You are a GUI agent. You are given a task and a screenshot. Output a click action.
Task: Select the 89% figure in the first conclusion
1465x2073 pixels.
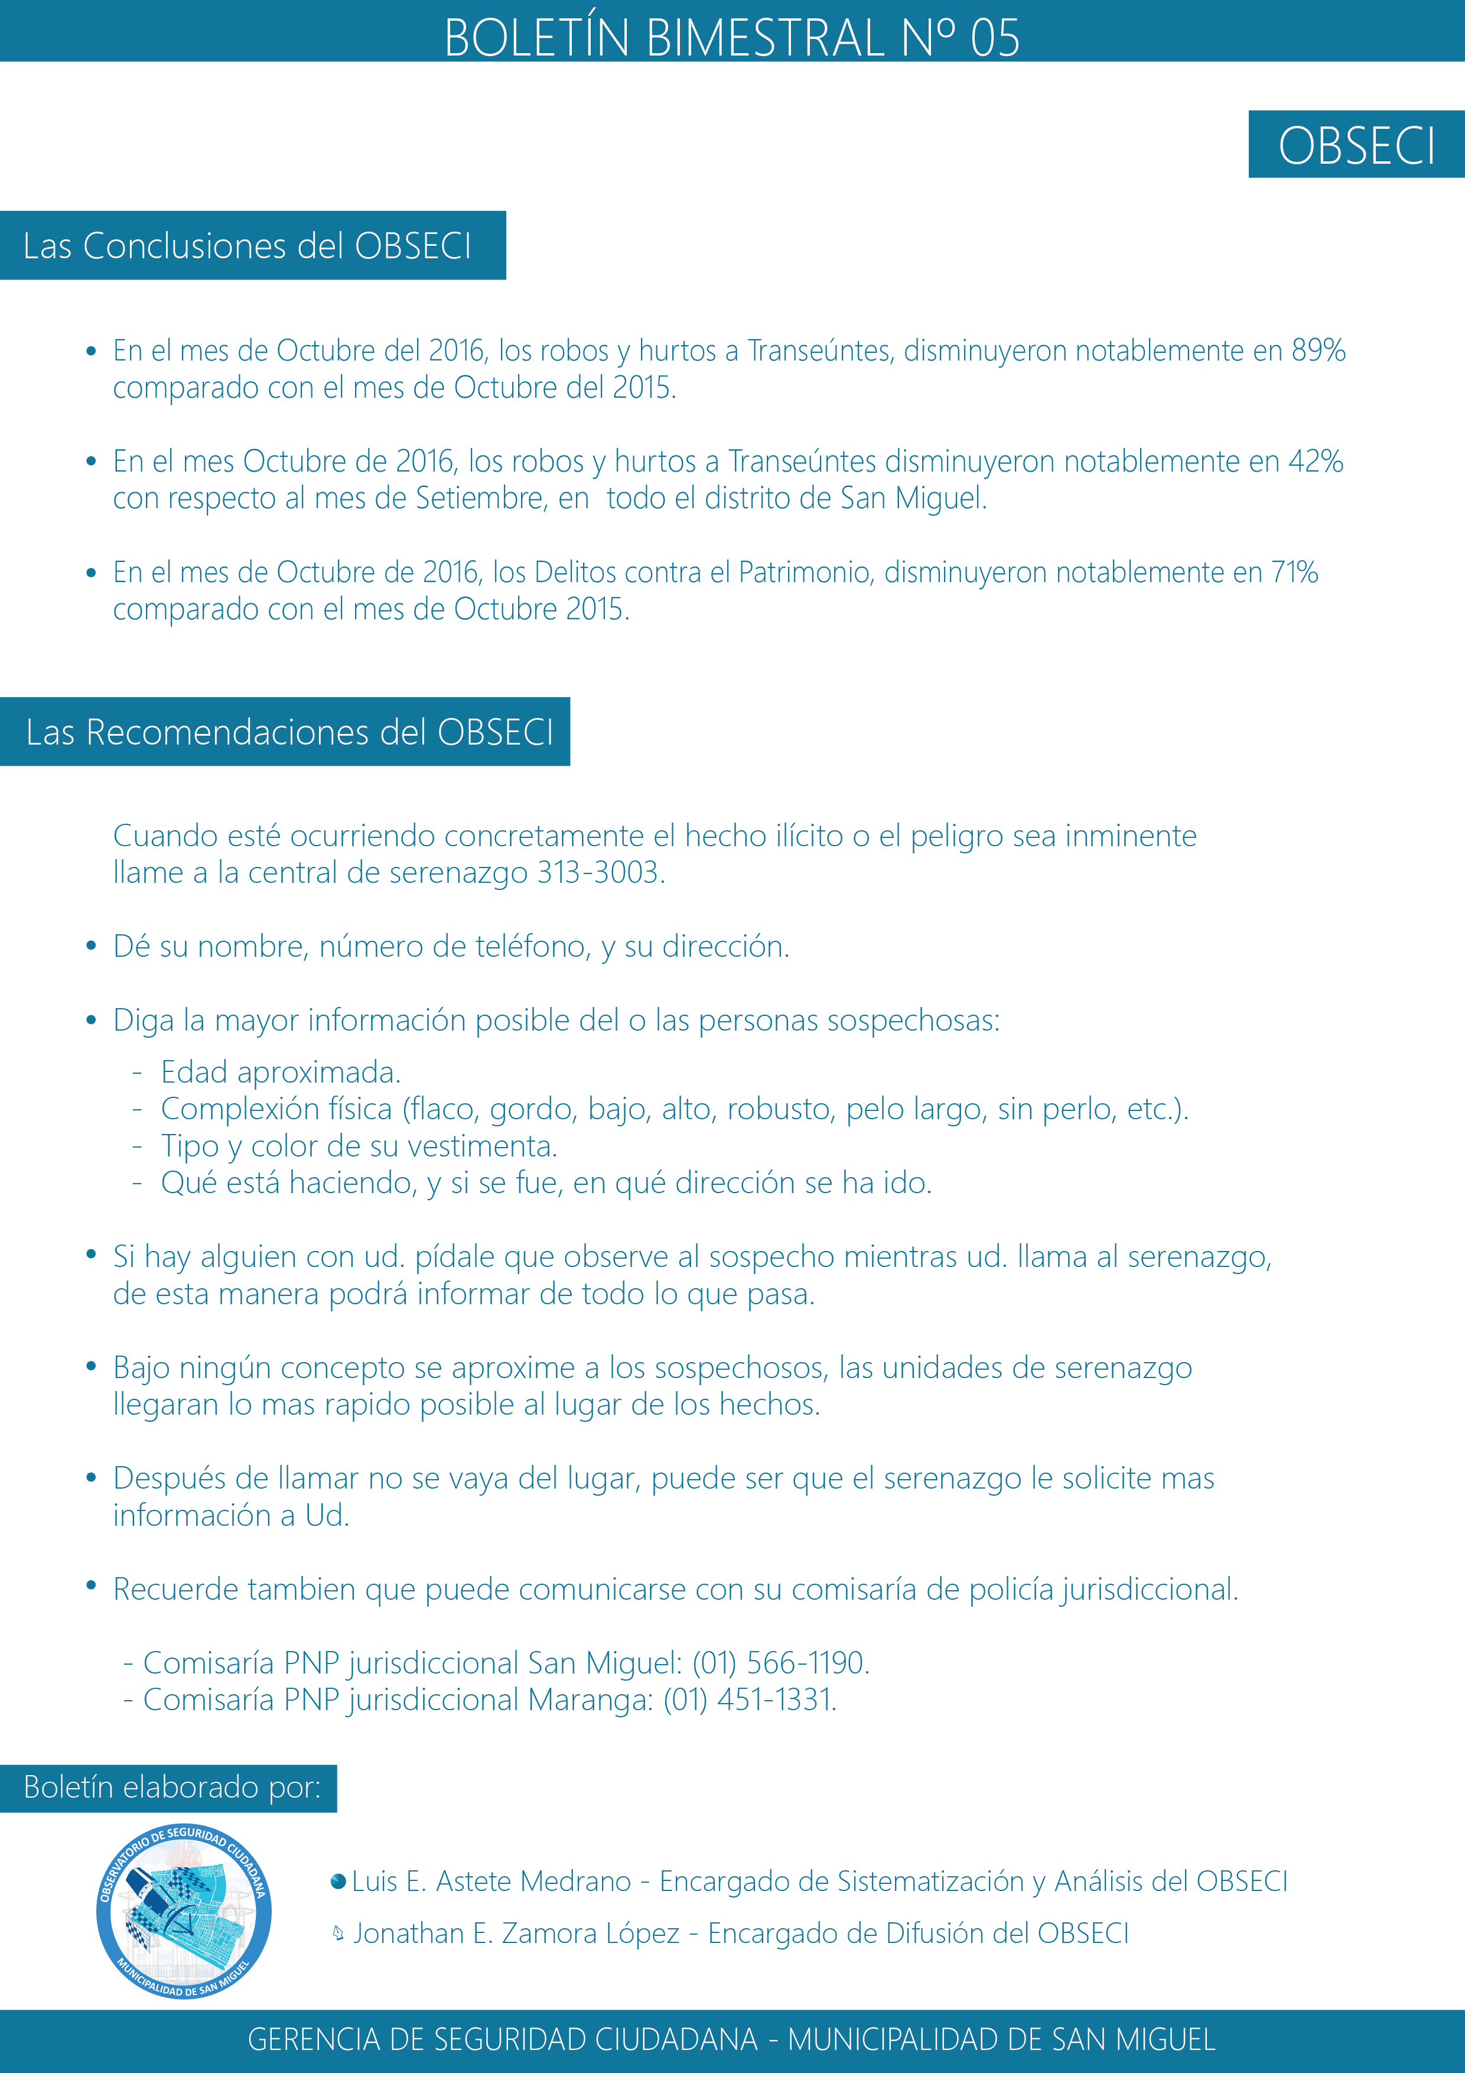point(1318,350)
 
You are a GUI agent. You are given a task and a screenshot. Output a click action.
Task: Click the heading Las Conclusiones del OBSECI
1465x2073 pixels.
point(248,246)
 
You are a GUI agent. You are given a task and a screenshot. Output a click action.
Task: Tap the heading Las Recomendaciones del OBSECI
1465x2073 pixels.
point(289,732)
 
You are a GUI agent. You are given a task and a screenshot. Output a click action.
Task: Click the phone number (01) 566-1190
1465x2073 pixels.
point(780,1662)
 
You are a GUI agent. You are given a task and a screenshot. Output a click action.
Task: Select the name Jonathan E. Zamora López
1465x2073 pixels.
point(516,1933)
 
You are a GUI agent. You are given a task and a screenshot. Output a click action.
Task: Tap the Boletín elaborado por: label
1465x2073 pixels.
point(171,1788)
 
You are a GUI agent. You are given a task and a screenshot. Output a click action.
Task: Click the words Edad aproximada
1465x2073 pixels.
point(281,1073)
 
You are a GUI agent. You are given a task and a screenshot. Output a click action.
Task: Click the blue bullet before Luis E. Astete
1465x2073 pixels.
point(338,1882)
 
